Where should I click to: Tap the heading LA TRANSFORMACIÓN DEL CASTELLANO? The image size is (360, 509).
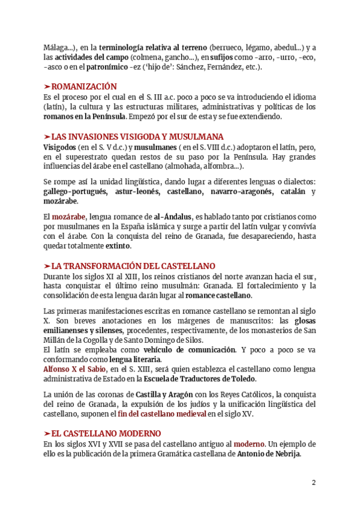(133, 266)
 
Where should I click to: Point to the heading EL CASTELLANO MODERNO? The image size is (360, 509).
(106, 433)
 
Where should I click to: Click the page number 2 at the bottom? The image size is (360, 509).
(313, 482)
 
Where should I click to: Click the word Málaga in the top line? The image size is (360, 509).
(56, 47)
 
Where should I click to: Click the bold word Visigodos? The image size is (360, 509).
(59, 146)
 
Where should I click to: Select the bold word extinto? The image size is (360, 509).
(118, 246)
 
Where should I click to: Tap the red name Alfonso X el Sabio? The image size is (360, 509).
(75, 369)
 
